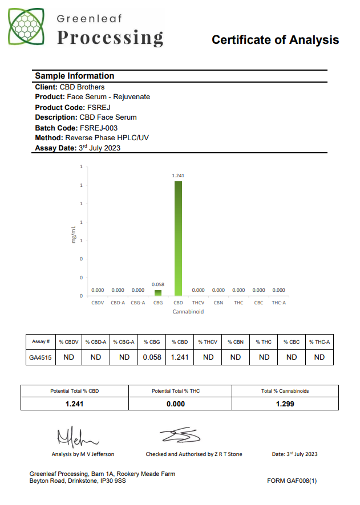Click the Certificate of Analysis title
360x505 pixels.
(275, 40)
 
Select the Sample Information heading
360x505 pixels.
(74, 76)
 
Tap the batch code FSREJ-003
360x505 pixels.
(99, 128)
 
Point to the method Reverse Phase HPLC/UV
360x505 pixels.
(108, 138)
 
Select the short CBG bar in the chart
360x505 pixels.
(158, 292)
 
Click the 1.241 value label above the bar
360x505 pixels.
(178, 176)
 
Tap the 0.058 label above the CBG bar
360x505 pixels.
(158, 284)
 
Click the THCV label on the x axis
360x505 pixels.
(199, 303)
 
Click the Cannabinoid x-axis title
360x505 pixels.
(188, 312)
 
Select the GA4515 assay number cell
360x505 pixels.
(40, 357)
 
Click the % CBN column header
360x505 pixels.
(235, 342)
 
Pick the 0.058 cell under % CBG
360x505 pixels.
(152, 357)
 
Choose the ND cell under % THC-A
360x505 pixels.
(319, 357)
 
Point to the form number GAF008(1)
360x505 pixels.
(292, 481)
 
